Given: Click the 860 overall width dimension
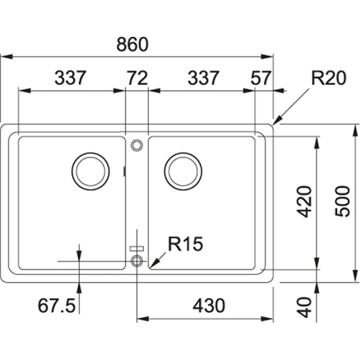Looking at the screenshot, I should [132, 45].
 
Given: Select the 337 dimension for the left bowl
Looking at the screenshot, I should [70, 78].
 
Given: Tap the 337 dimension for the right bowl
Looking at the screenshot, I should [203, 78].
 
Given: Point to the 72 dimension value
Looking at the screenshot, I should [137, 78].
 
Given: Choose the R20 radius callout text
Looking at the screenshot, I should [328, 79].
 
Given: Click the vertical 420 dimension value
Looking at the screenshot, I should [306, 201].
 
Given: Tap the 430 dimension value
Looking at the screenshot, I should [208, 306].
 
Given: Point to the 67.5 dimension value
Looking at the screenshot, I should [56, 306].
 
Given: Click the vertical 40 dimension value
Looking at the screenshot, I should [306, 306].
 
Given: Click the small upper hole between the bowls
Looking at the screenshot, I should [136, 144].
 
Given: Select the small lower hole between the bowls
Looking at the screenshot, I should [136, 260].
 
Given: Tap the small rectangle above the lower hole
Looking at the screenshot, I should [136, 247].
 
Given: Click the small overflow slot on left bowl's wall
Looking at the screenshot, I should [124, 171].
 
